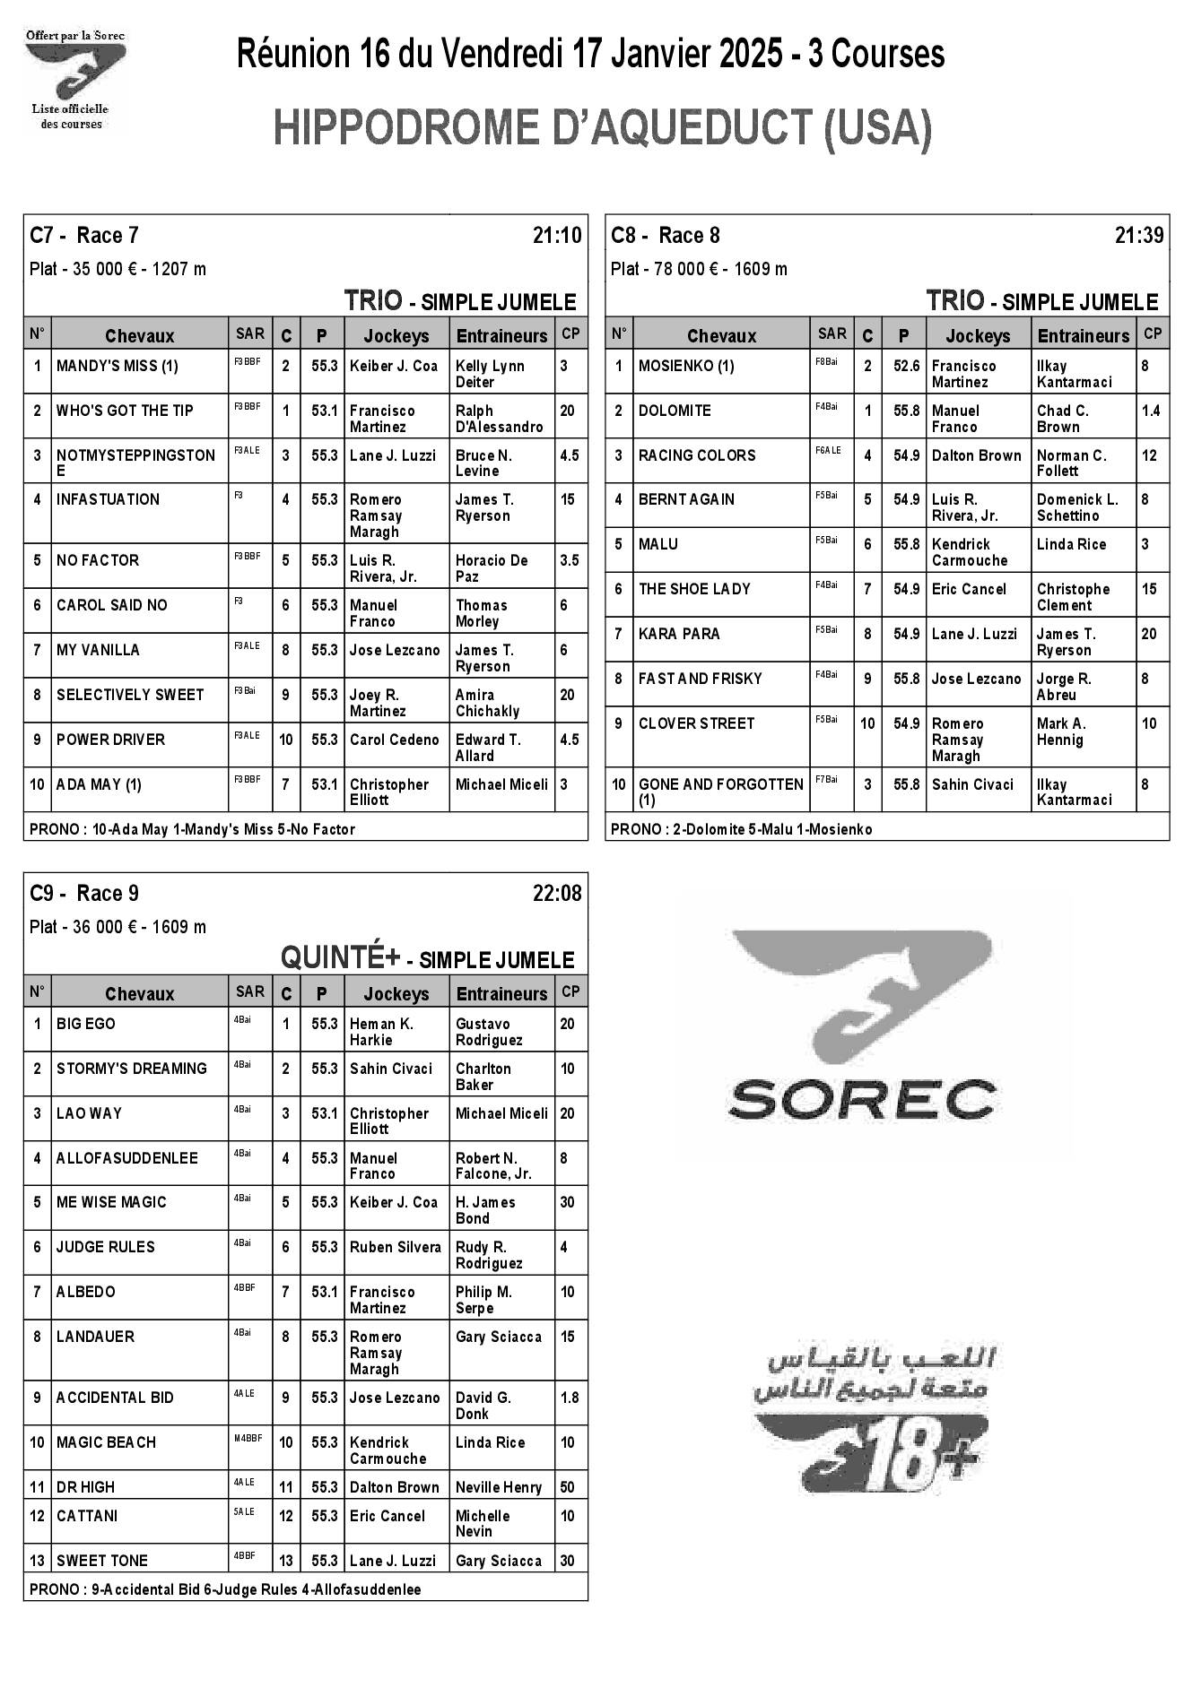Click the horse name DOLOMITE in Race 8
pyautogui.click(x=674, y=411)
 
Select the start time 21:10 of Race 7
pyautogui.click(x=556, y=236)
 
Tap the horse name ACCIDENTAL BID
pyautogui.click(x=115, y=1398)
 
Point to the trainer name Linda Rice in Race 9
pyautogui.click(x=490, y=1442)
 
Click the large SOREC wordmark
pyautogui.click(x=862, y=1098)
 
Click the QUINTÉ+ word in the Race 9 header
pyautogui.click(x=340, y=957)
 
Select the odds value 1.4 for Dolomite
pyautogui.click(x=1151, y=411)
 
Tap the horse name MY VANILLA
pyautogui.click(x=98, y=650)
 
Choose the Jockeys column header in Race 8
pyautogui.click(x=978, y=335)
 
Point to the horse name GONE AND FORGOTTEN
pyautogui.click(x=720, y=784)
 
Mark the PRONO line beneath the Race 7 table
pyautogui.click(x=192, y=829)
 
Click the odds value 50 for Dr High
pyautogui.click(x=567, y=1487)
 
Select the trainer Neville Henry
pyautogui.click(x=499, y=1487)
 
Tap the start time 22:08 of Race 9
pyautogui.click(x=556, y=894)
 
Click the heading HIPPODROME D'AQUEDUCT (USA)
pyautogui.click(x=602, y=128)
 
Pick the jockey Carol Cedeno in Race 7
pyautogui.click(x=394, y=740)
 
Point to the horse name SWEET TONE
pyautogui.click(x=102, y=1561)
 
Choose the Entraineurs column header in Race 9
pyautogui.click(x=501, y=993)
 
